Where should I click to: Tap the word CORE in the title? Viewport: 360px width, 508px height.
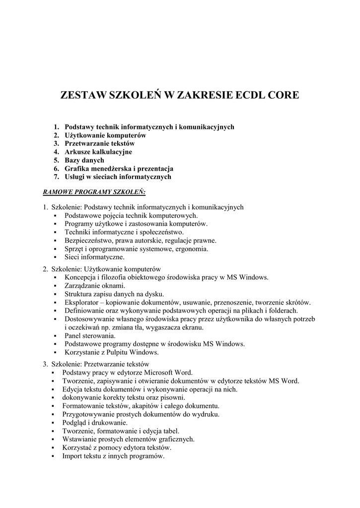(x=284, y=95)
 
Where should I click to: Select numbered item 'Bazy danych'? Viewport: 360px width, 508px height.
(x=84, y=160)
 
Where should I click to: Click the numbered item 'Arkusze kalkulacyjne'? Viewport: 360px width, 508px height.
(x=98, y=152)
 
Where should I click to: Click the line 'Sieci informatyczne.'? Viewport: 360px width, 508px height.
(x=94, y=257)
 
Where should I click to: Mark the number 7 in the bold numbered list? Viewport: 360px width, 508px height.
(x=56, y=177)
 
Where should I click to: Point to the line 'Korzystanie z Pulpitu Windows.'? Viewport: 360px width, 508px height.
(x=112, y=352)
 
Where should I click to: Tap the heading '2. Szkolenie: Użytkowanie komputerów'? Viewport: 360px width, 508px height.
(x=102, y=269)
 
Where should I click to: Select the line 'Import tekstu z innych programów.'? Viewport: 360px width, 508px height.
(x=113, y=456)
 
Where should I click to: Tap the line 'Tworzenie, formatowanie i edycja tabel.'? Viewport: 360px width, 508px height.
(x=121, y=431)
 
